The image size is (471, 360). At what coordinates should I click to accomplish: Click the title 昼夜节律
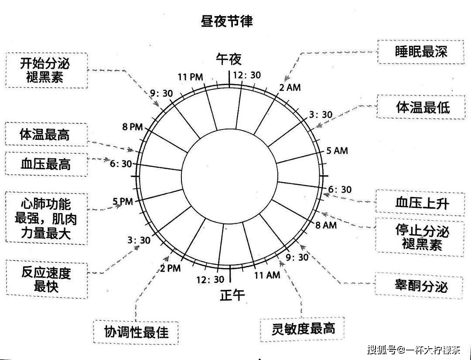(x=227, y=21)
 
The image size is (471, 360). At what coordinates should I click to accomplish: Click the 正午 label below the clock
(x=232, y=295)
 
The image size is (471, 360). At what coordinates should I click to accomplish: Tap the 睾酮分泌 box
(x=420, y=286)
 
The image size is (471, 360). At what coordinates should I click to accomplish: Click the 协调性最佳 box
(x=136, y=333)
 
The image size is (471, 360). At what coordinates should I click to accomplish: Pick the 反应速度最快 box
(x=46, y=279)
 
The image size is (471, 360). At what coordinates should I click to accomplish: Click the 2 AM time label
(x=290, y=87)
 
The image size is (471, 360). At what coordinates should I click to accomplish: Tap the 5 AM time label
(x=337, y=151)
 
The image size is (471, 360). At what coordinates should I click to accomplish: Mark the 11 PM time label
(x=191, y=77)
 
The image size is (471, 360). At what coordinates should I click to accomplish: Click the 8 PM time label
(x=133, y=127)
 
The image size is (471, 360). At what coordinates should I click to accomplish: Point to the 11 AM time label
(x=267, y=275)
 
